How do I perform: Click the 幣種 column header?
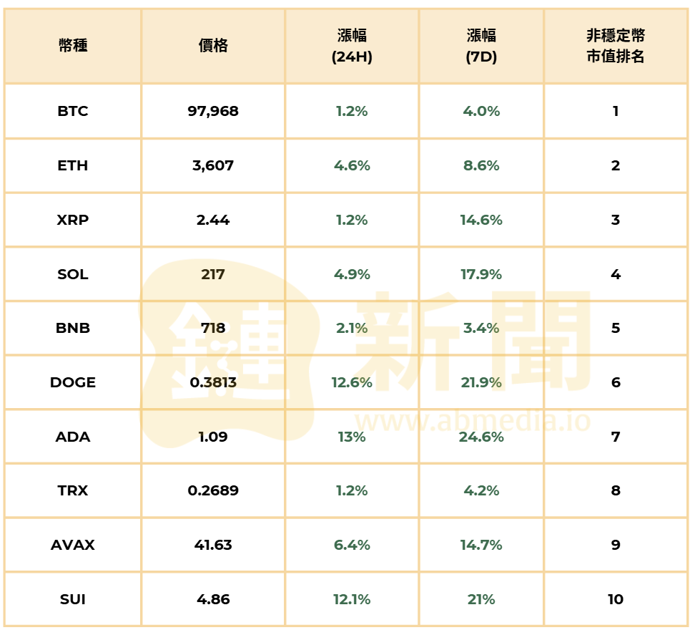coord(73,47)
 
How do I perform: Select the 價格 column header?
coord(213,47)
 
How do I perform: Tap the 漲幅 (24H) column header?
coord(352,47)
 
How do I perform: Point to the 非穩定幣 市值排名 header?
coord(615,47)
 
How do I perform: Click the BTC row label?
coord(73,111)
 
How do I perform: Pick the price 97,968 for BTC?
coord(213,111)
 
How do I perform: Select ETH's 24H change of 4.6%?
coord(352,165)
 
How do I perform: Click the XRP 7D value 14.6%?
coord(481,220)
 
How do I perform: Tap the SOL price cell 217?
coord(213,274)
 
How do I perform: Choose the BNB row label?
coord(73,329)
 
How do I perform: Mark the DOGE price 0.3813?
coord(213,382)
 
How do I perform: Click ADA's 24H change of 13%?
coord(352,437)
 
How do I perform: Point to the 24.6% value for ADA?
coord(481,437)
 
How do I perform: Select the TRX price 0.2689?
coord(213,490)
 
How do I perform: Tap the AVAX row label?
coord(73,545)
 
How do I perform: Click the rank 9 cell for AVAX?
coord(615,545)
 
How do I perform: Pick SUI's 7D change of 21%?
coord(481,599)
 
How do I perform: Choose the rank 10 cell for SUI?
coord(615,599)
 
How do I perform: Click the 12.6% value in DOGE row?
coord(352,382)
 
